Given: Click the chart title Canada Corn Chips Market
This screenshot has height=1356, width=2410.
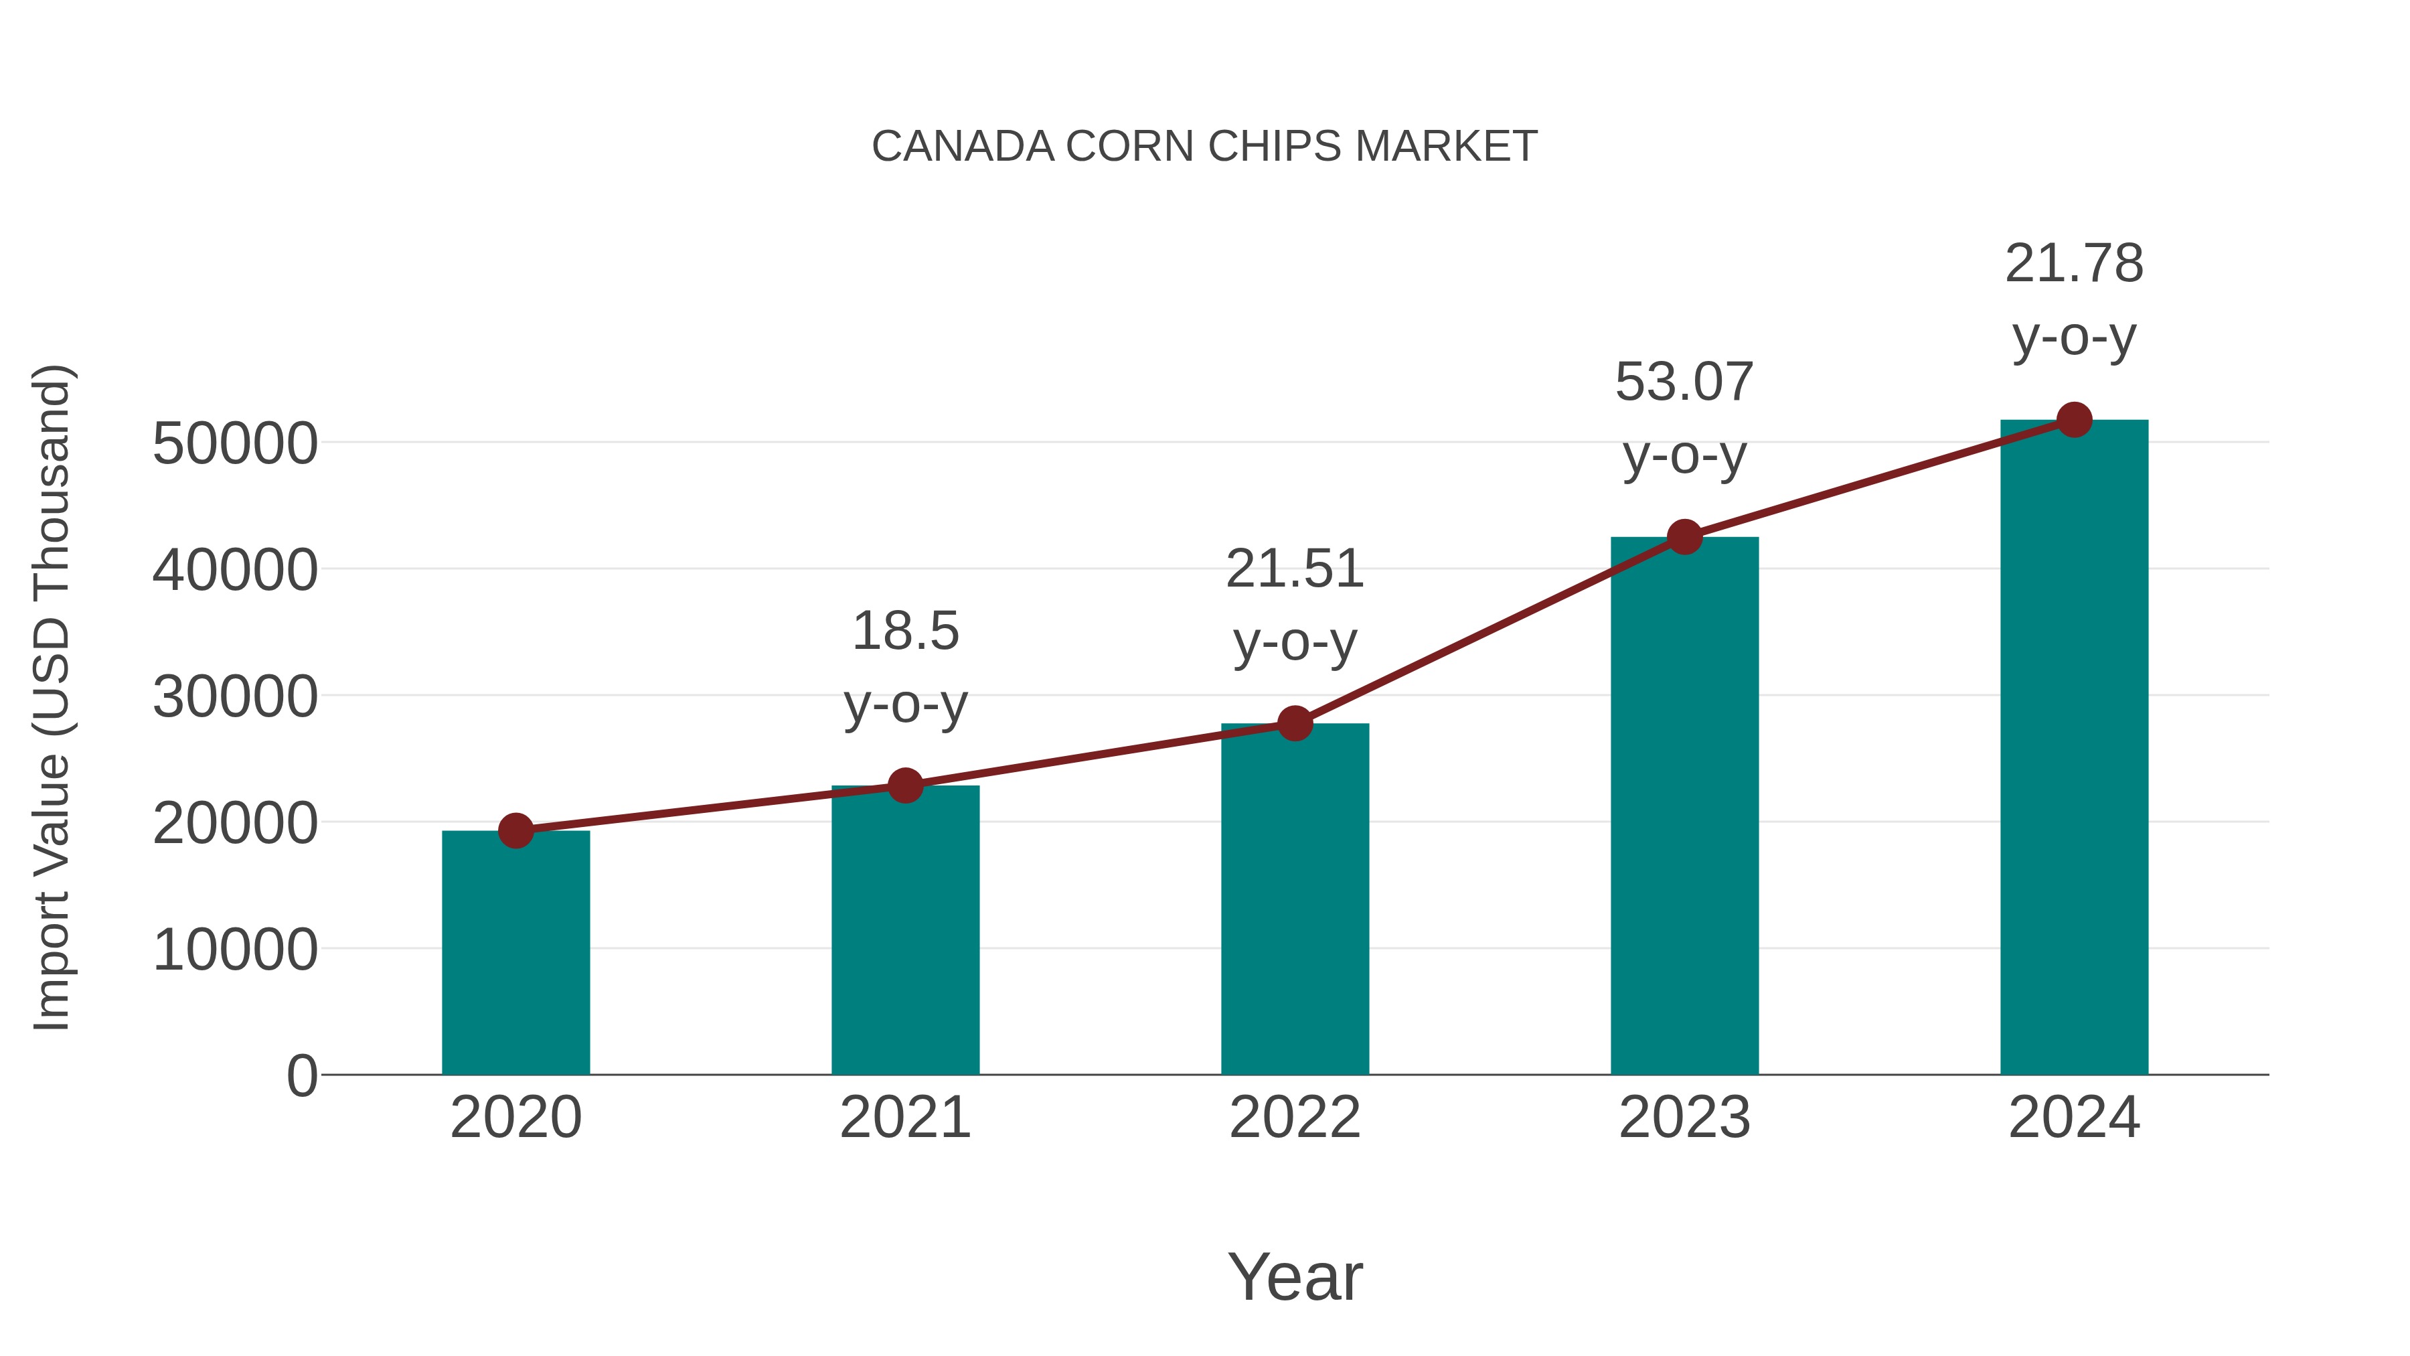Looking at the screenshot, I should [1204, 147].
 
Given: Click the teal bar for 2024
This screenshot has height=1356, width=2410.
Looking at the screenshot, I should [2074, 748].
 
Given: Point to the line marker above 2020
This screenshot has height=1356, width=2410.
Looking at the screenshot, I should [515, 830].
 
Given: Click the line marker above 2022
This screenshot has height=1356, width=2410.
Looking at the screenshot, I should [1295, 723].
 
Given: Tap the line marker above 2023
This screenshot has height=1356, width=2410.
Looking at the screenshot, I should [1684, 537].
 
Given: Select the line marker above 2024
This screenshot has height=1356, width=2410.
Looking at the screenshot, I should [2074, 420].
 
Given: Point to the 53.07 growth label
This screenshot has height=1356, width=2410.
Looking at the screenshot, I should [1684, 419].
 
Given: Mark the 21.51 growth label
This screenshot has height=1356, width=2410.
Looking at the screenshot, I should [1295, 605].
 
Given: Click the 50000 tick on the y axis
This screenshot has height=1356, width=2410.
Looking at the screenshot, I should [235, 443].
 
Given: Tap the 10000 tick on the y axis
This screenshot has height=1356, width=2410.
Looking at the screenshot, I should [235, 950].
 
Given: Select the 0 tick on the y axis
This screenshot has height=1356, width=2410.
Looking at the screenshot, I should [301, 1076].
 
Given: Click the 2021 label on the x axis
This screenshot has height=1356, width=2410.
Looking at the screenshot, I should [904, 1118].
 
